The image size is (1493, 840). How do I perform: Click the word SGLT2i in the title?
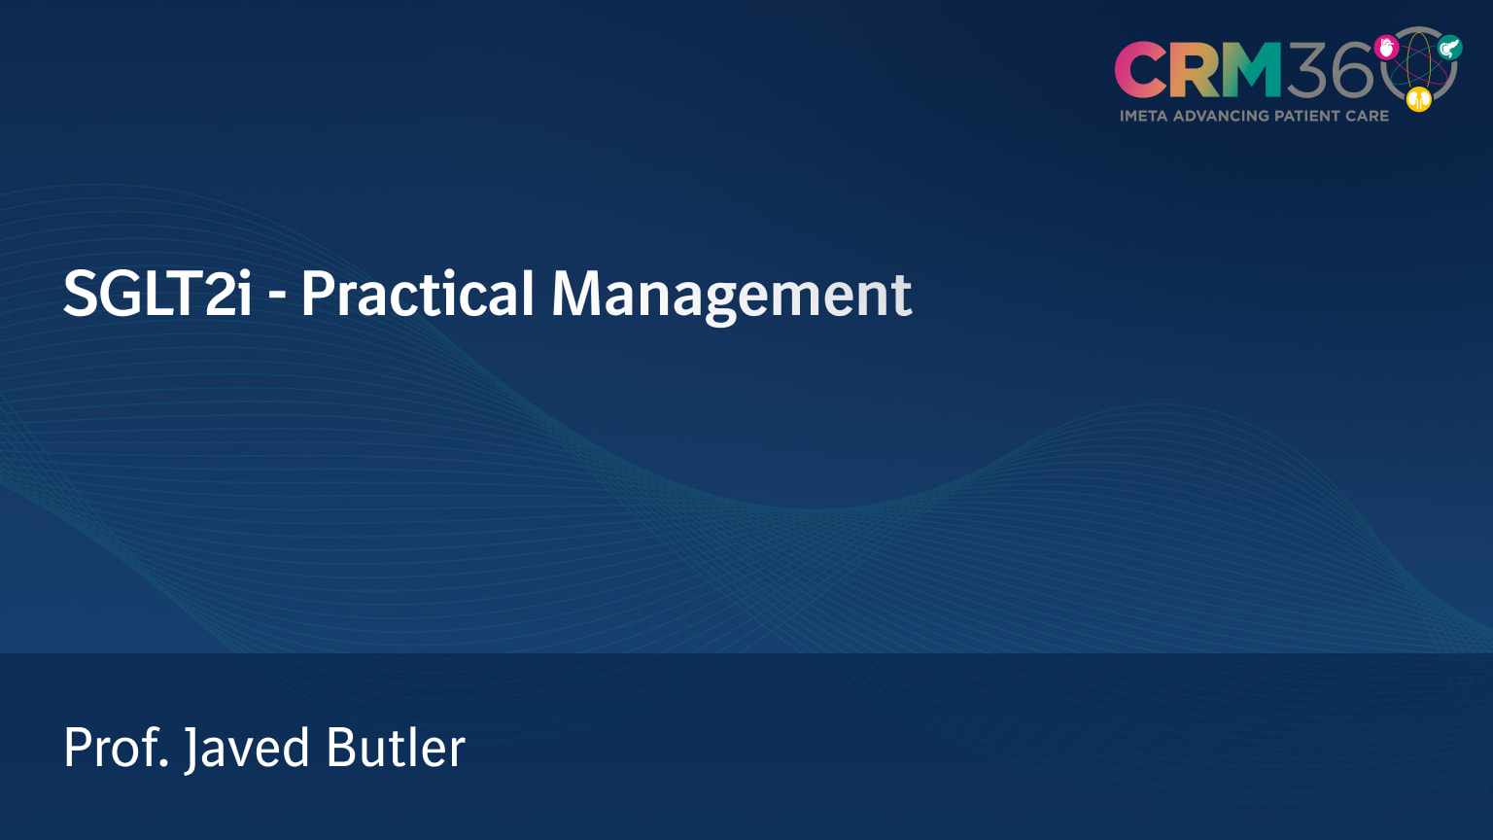[x=157, y=294]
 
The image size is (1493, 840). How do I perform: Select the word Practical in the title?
[x=418, y=294]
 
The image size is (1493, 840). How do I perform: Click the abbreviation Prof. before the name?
[x=117, y=748]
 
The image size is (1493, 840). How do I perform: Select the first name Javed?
[x=247, y=749]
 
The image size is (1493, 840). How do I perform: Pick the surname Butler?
[x=396, y=748]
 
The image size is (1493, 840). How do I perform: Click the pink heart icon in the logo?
[x=1387, y=47]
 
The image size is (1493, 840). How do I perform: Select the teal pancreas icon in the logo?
[x=1450, y=47]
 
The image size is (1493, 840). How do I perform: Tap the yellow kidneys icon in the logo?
[x=1419, y=98]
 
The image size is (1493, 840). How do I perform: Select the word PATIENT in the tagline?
[x=1306, y=116]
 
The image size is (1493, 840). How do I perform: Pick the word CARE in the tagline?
[x=1367, y=116]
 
